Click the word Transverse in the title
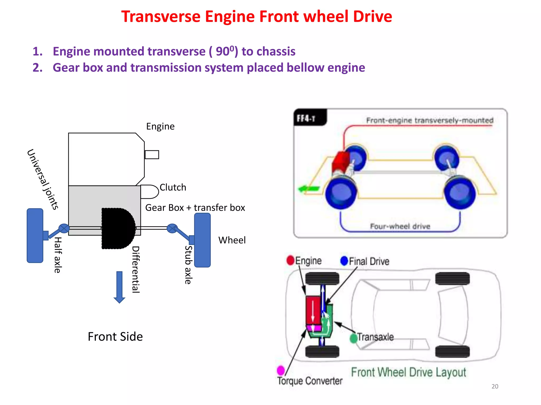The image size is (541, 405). pyautogui.click(x=161, y=17)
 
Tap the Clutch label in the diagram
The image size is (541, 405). pyautogui.click(x=173, y=187)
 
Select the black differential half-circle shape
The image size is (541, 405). pyautogui.click(x=118, y=228)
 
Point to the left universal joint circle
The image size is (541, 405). pyautogui.click(x=64, y=228)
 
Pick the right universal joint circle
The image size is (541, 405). pyautogui.click(x=172, y=228)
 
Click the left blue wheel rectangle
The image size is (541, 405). pyautogui.click(x=35, y=235)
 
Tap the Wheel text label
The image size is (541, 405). pyautogui.click(x=232, y=240)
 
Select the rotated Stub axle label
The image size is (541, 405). pyautogui.click(x=188, y=265)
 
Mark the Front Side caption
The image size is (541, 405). pyautogui.click(x=115, y=337)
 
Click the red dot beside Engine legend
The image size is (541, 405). pyautogui.click(x=290, y=260)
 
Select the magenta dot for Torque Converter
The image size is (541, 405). pyautogui.click(x=281, y=370)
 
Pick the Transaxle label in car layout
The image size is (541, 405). pyautogui.click(x=375, y=337)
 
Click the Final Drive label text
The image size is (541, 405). pyautogui.click(x=369, y=261)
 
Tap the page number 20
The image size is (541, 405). pyautogui.click(x=495, y=386)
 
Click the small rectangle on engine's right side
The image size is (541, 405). pyautogui.click(x=152, y=155)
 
